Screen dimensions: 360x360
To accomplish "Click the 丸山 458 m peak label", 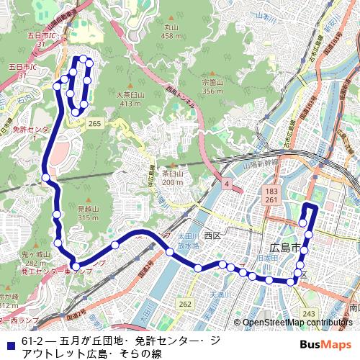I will (x=171, y=32).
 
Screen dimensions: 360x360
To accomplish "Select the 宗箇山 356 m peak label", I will (x=212, y=86).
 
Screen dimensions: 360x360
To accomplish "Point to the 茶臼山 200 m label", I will (x=172, y=178).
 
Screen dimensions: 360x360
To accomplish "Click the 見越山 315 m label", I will (x=88, y=213).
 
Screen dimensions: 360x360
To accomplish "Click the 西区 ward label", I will (x=211, y=235).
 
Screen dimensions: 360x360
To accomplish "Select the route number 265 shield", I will (x=94, y=124).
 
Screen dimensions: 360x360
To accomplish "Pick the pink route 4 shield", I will (x=227, y=184).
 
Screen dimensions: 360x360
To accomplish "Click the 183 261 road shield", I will (x=271, y=195).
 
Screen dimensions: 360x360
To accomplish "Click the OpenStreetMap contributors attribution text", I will (x=297, y=323).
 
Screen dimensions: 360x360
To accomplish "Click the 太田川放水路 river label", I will (x=187, y=240).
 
